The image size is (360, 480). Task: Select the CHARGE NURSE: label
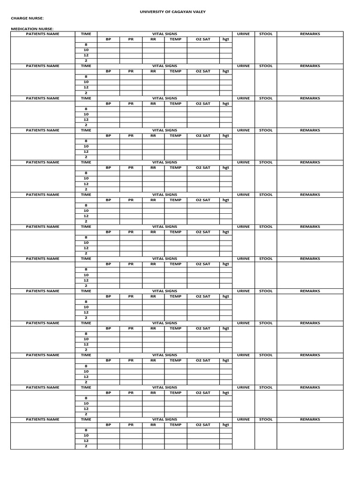coord(27,18)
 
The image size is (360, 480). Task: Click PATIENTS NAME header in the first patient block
coord(43,34)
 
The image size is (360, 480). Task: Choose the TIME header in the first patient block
coord(86,34)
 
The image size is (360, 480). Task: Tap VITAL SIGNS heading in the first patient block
coord(165,34)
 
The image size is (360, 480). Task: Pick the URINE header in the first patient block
coord(243,34)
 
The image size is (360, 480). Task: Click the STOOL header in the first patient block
coord(266,34)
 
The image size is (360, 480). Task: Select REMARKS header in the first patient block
coord(310,34)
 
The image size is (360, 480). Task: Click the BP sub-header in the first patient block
coord(108,39)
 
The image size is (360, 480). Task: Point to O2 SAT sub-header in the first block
coord(203,39)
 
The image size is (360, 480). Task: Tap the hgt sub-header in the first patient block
coord(226,39)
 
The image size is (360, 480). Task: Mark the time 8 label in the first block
coord(86,45)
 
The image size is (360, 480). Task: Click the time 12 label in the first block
coord(86,55)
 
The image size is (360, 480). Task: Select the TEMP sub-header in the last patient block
coord(175,425)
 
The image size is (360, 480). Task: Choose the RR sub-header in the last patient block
coord(153,425)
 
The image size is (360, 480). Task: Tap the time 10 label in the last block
coord(86,435)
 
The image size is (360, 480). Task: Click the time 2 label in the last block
coord(86,446)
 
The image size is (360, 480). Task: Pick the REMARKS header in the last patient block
coord(310,420)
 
